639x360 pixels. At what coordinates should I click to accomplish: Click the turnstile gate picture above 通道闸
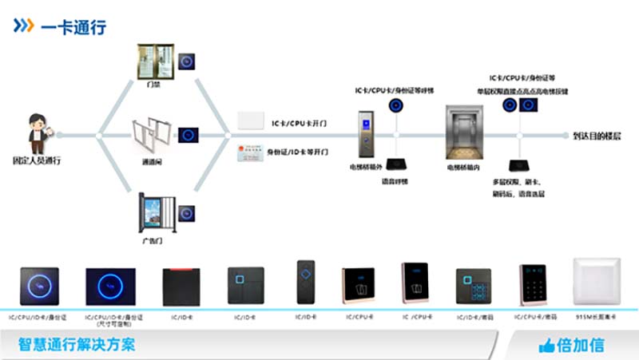(151, 136)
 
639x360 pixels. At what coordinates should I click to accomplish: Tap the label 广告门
(151, 239)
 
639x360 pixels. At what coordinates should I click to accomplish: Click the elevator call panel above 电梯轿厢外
(366, 133)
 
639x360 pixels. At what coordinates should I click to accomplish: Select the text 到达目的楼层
(596, 136)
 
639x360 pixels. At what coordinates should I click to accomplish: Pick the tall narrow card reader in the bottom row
(307, 282)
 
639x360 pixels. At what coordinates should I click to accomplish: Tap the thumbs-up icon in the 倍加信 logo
(546, 346)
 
